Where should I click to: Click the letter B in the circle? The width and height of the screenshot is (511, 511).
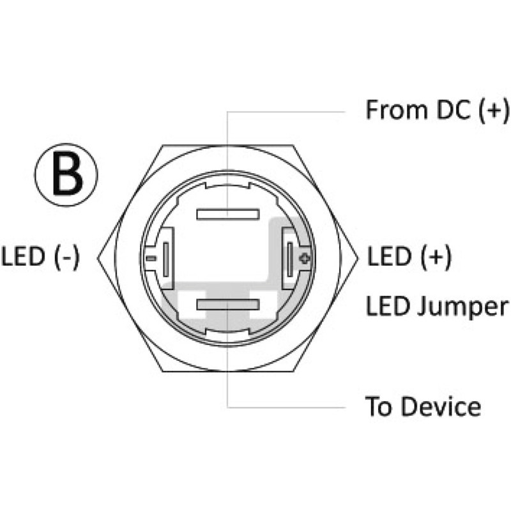(x=68, y=174)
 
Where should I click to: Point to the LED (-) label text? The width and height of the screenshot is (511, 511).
(x=40, y=257)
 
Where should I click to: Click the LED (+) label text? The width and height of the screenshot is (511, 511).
(x=409, y=257)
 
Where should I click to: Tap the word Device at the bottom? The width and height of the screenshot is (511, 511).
(x=441, y=406)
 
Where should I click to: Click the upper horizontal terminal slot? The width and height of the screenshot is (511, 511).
(x=228, y=215)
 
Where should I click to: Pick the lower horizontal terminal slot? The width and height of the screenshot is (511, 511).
(x=228, y=305)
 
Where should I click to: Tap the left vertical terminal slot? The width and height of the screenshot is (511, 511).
(x=166, y=259)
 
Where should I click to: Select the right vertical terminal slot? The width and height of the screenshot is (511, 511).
(x=290, y=259)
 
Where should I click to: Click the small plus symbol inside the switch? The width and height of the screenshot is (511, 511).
(x=305, y=259)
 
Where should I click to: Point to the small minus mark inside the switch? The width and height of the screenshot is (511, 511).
(x=151, y=259)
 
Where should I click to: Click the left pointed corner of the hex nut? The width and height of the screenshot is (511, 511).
(x=98, y=259)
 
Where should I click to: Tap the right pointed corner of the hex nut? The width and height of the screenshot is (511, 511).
(x=358, y=259)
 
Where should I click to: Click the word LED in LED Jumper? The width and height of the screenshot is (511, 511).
(x=388, y=306)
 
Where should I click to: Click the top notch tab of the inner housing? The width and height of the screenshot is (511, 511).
(x=228, y=185)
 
